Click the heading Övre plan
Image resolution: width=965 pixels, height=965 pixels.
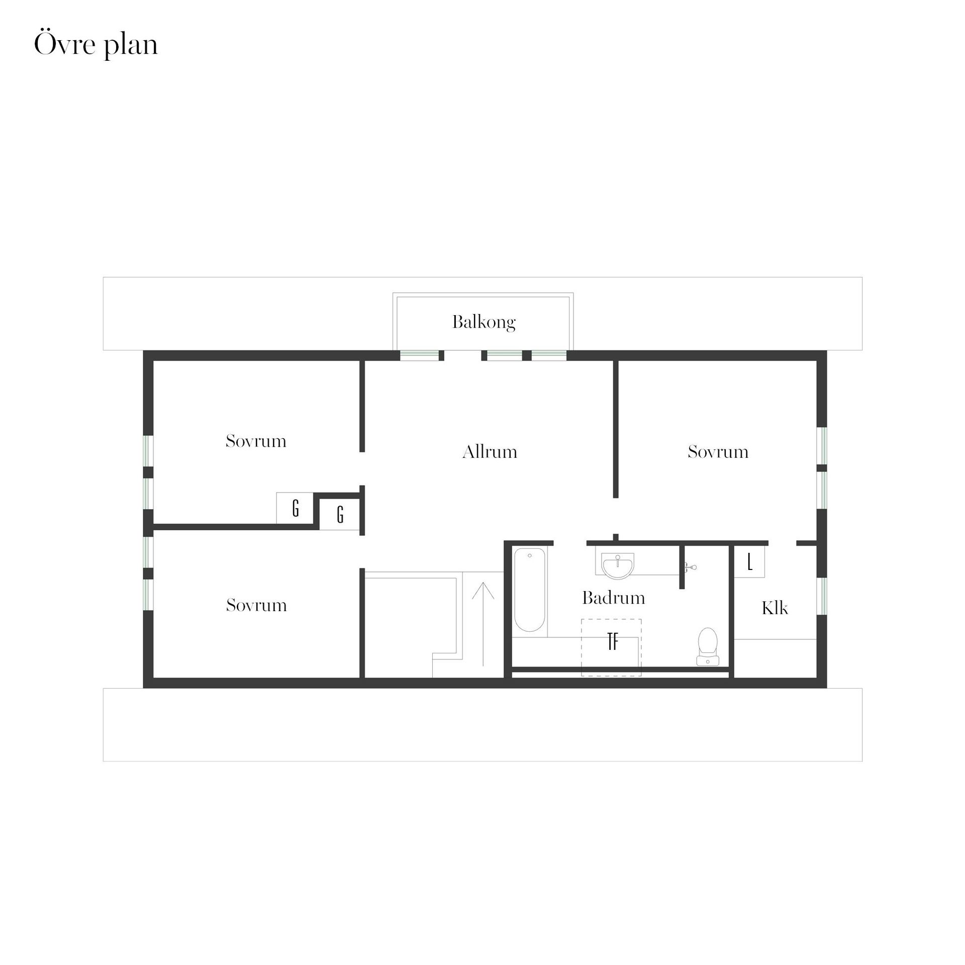(x=96, y=44)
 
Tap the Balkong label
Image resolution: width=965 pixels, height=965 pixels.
(x=484, y=322)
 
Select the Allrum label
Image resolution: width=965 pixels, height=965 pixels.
(x=490, y=451)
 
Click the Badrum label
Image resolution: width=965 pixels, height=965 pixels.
(x=613, y=598)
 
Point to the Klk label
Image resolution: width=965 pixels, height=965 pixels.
(x=775, y=608)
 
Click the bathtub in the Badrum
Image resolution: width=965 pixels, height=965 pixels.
(x=530, y=590)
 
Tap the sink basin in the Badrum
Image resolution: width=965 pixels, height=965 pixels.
(x=618, y=566)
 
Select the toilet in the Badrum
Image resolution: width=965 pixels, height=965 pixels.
(x=708, y=646)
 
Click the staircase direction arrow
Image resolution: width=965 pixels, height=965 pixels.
(x=483, y=624)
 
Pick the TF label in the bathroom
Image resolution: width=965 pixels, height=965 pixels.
(x=613, y=642)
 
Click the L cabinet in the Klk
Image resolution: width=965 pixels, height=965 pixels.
(x=749, y=562)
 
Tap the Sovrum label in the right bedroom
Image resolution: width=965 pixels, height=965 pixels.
(x=718, y=451)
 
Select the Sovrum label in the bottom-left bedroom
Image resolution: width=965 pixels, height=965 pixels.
(x=256, y=605)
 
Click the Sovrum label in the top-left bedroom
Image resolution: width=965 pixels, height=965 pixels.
(x=256, y=441)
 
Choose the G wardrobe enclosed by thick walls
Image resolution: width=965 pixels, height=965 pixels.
(x=340, y=514)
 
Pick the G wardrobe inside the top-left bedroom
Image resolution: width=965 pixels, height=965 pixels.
(x=295, y=508)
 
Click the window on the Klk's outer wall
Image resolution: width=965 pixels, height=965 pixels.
(x=822, y=596)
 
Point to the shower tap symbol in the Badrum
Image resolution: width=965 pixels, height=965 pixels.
(x=691, y=567)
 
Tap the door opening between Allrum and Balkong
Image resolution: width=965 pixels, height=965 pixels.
(x=463, y=356)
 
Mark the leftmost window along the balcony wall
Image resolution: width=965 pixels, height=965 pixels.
(x=420, y=356)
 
